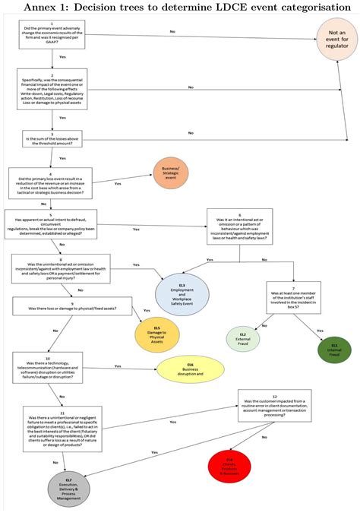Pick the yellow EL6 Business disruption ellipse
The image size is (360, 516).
click(191, 368)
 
